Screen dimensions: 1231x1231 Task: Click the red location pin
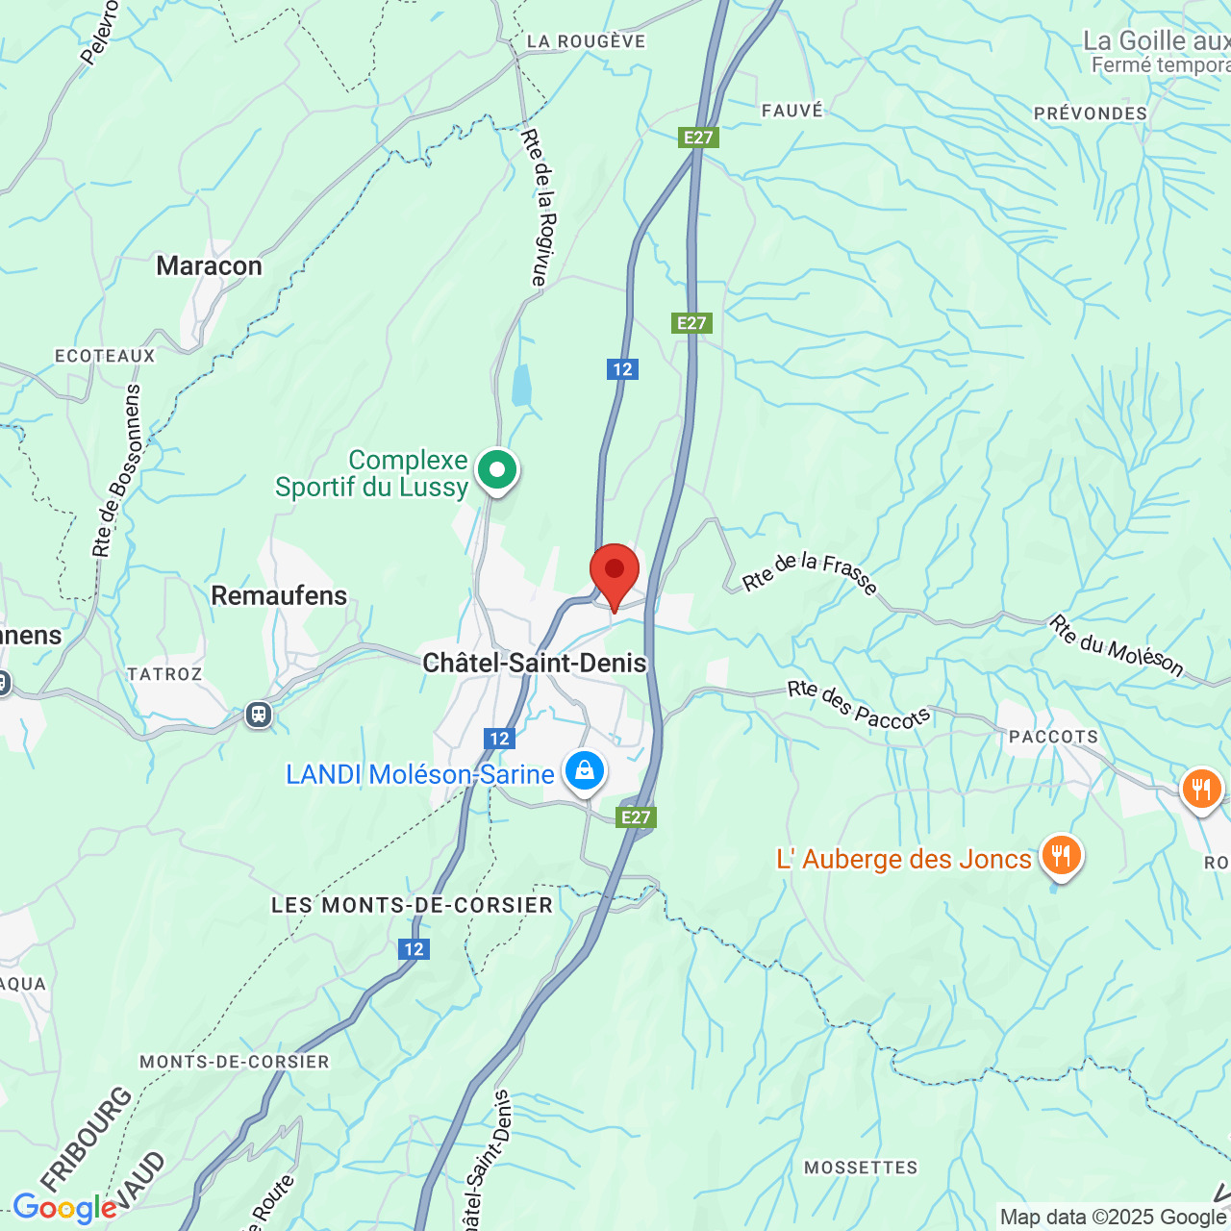[x=614, y=573]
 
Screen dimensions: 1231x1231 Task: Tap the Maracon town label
[x=209, y=266]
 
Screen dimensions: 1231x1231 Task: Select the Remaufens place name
[x=279, y=596]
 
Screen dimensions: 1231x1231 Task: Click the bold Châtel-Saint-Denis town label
[x=535, y=663]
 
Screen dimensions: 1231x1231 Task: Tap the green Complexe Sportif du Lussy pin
[x=497, y=471]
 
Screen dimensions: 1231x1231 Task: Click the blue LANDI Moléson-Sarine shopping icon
[x=584, y=771]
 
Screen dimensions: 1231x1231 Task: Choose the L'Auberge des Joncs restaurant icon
[x=1060, y=855]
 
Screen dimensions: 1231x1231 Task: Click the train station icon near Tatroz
[x=258, y=715]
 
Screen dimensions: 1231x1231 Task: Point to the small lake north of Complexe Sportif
[x=521, y=386]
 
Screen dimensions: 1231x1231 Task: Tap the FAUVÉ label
[x=792, y=111]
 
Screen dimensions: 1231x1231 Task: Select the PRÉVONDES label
[x=1091, y=113]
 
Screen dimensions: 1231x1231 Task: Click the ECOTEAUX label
[x=105, y=356]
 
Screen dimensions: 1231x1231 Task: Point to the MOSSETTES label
[x=861, y=1168]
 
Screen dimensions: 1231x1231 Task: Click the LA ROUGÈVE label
[x=586, y=41]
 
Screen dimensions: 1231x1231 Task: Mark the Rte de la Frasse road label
[x=810, y=573]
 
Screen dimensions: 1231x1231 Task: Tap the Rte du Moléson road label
[x=1116, y=646]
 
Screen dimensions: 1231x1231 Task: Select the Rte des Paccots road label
[x=858, y=705]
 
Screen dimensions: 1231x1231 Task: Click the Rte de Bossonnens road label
[x=117, y=471]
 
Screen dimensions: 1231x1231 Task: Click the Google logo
[x=64, y=1208]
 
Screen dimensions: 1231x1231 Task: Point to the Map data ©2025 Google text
[x=1112, y=1217]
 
